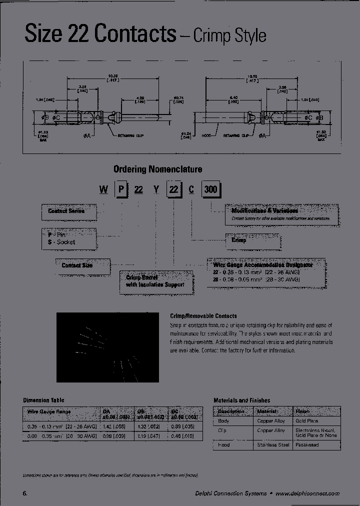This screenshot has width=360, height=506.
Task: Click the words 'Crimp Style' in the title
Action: coord(229,36)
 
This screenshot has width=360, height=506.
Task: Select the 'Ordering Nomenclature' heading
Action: coord(157,169)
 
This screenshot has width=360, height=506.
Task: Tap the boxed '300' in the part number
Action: coord(210,190)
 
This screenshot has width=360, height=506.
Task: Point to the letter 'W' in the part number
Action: coord(103,190)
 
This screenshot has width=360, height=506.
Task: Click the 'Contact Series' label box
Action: coord(66,211)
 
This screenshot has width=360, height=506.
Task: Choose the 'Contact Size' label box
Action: coord(77,265)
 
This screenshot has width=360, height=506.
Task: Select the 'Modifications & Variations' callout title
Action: coord(264,211)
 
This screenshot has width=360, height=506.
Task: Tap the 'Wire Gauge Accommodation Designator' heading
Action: coord(263,264)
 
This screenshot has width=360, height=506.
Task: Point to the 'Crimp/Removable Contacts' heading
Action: coord(203,316)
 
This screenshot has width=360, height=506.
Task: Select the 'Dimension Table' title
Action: coord(44,400)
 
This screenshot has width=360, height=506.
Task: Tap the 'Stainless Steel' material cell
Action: coord(273,444)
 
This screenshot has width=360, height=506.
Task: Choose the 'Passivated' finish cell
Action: coord(307,444)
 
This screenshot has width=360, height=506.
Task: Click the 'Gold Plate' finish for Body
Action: coord(308,421)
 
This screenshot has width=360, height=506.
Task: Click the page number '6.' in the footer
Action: coord(25,493)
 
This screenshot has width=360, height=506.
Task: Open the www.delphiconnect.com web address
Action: coord(307,493)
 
